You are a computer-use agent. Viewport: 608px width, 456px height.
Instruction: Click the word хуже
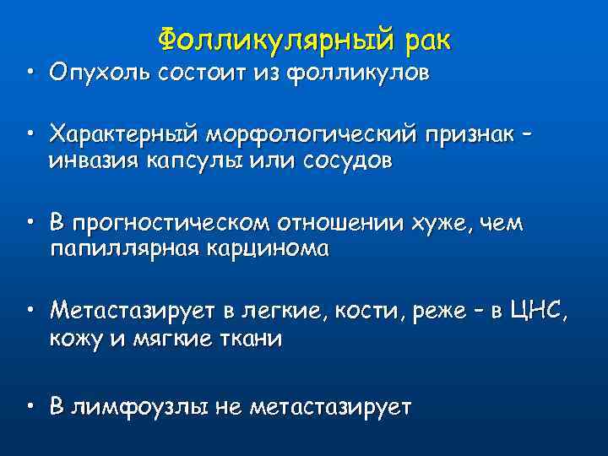pyautogui.click(x=445, y=224)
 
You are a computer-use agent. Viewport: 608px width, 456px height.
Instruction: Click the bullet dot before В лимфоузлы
pyautogui.click(x=30, y=407)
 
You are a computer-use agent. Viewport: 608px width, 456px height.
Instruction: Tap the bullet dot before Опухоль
pyautogui.click(x=30, y=73)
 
